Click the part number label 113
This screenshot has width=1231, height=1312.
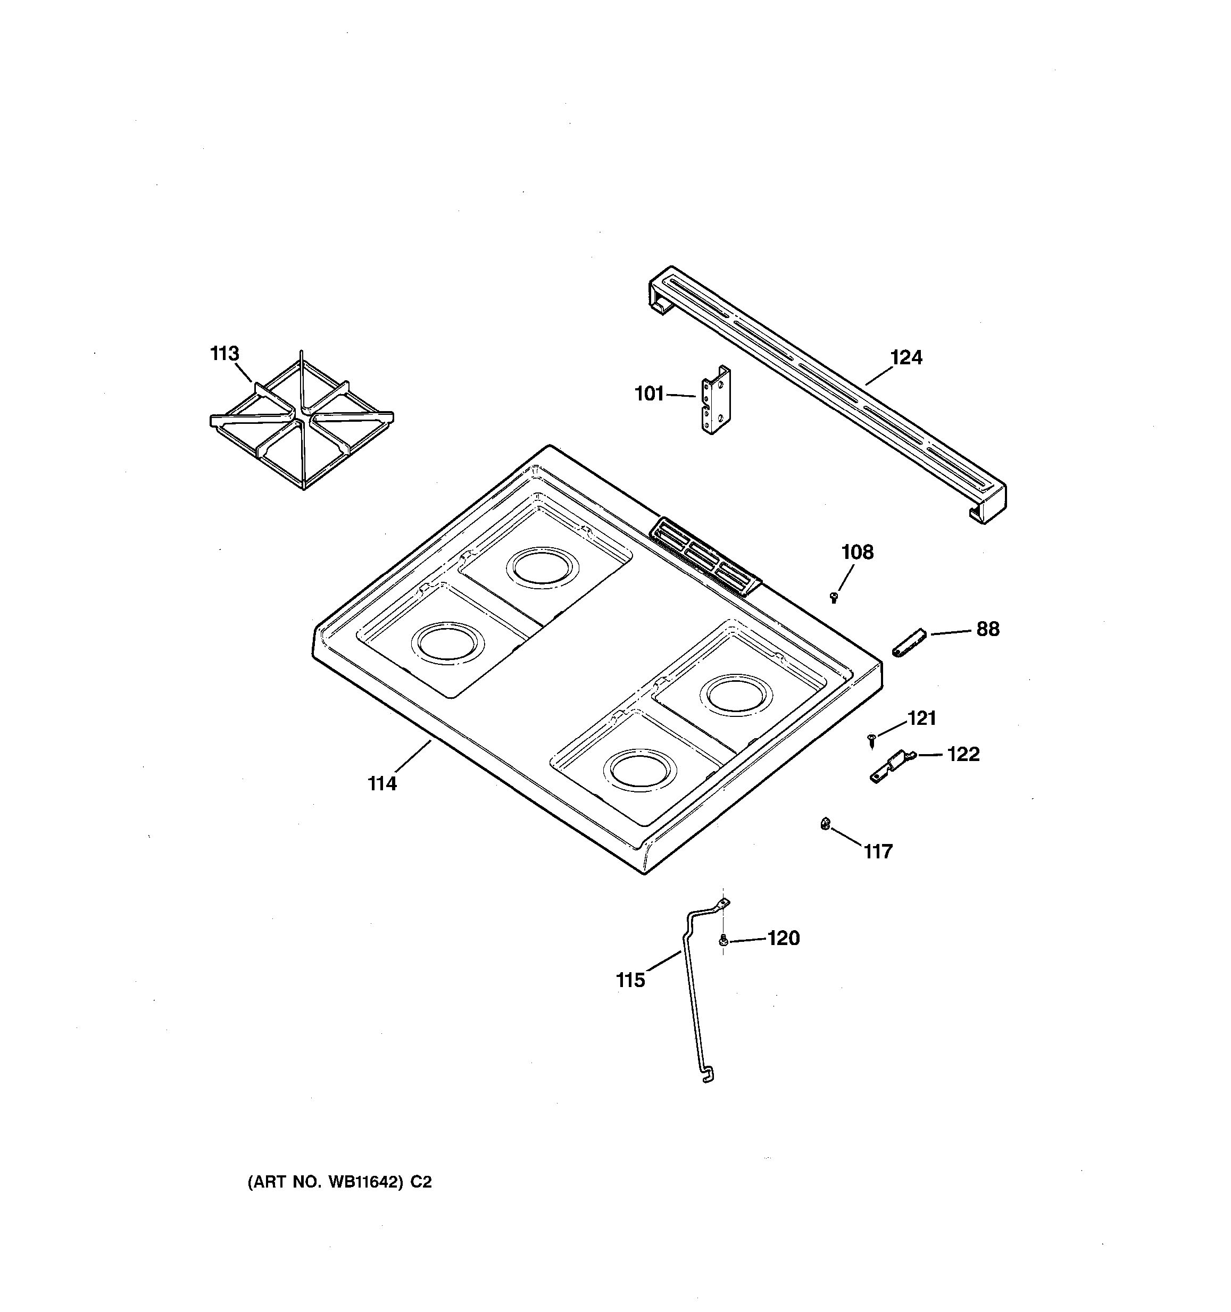point(224,354)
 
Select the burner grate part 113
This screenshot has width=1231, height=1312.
point(302,422)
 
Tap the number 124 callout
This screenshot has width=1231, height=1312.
point(906,358)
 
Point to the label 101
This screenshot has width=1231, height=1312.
point(649,394)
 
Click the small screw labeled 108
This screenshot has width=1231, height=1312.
point(834,597)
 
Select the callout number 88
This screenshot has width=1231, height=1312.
point(987,629)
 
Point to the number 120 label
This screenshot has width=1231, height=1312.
point(784,938)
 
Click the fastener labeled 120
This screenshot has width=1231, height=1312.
point(723,940)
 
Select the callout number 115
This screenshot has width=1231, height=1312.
point(630,980)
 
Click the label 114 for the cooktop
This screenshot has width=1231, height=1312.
point(382,783)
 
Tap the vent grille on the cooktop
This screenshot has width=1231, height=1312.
point(705,556)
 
